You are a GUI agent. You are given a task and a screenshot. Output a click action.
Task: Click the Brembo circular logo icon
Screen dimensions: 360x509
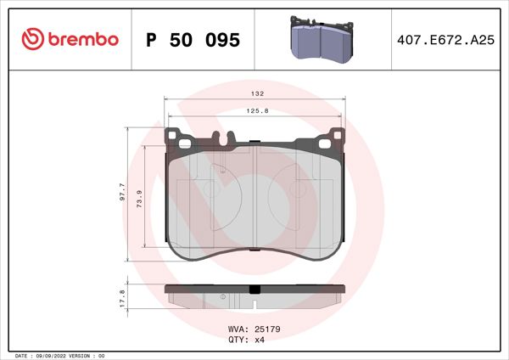click(x=31, y=38)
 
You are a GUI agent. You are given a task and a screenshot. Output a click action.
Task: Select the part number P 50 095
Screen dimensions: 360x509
click(x=193, y=39)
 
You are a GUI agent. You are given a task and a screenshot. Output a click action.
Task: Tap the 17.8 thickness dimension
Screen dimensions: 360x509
click(x=122, y=297)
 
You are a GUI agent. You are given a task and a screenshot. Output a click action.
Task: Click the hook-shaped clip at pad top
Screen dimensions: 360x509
click(x=226, y=138)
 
